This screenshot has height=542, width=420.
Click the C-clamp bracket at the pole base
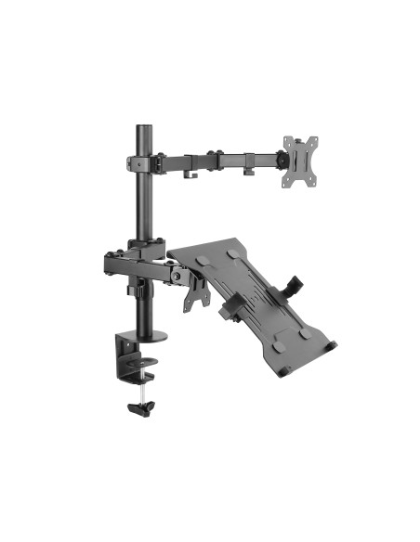point(128,357)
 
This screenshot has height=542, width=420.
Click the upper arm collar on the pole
point(145,162)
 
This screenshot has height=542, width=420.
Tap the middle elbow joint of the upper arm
point(215,159)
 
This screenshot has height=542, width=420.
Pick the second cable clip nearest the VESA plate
point(250,173)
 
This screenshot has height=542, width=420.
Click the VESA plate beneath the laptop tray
point(198,291)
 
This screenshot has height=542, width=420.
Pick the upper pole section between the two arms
point(145,209)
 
